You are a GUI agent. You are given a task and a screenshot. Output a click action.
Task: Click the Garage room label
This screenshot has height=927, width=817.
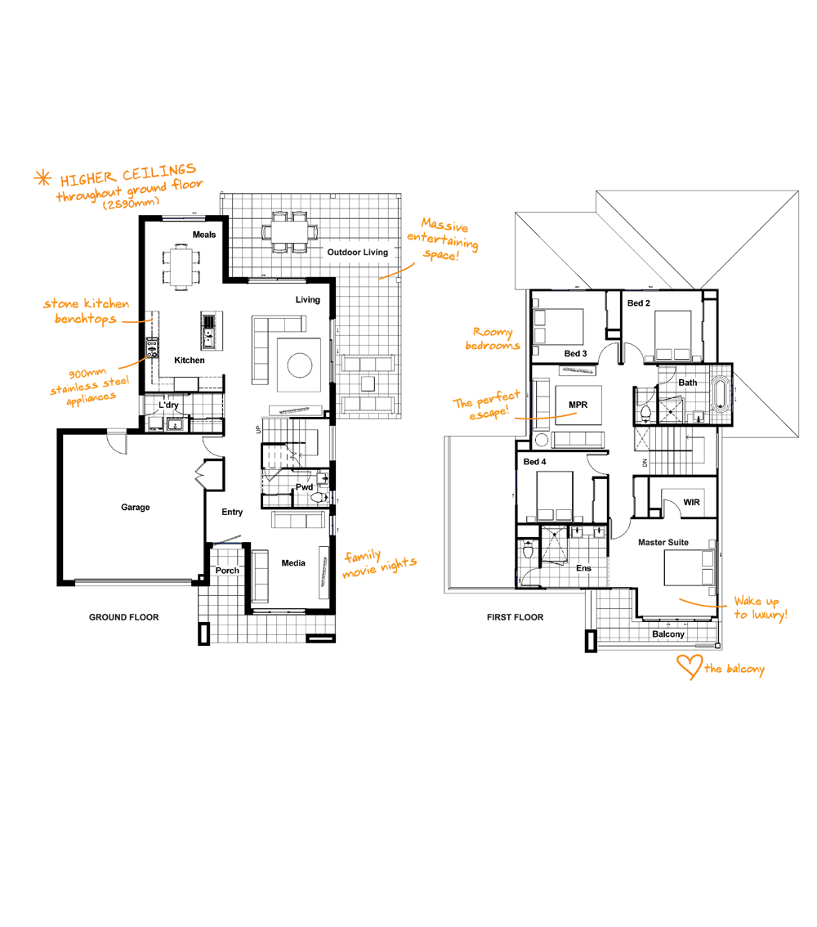(x=136, y=508)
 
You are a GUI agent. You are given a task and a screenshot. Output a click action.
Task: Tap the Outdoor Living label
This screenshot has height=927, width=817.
(x=357, y=252)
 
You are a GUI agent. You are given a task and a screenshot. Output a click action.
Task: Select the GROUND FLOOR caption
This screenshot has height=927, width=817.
(x=124, y=617)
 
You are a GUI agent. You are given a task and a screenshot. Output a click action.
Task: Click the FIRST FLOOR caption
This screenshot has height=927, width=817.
(x=516, y=617)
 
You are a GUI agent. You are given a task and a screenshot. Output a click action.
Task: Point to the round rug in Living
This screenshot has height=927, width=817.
(x=300, y=365)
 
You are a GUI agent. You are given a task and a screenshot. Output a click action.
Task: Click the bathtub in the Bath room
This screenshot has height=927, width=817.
(x=719, y=394)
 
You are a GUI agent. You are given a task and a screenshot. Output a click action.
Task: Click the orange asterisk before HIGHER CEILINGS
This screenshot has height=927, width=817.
(x=42, y=178)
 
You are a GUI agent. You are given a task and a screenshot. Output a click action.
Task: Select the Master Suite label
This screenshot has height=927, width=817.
(x=663, y=542)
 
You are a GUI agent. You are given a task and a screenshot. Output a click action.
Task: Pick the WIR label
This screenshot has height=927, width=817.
(x=692, y=502)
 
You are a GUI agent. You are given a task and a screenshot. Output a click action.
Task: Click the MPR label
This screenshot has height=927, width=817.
(x=578, y=405)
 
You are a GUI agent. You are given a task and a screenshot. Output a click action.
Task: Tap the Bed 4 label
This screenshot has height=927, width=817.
(x=534, y=462)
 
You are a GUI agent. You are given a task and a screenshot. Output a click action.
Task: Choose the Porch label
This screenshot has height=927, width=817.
(x=227, y=571)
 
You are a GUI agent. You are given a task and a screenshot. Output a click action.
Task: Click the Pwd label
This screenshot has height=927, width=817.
(x=304, y=487)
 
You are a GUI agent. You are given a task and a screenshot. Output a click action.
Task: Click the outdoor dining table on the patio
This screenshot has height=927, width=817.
(x=289, y=231)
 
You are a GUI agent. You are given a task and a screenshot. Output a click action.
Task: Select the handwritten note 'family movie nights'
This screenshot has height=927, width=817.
(x=380, y=563)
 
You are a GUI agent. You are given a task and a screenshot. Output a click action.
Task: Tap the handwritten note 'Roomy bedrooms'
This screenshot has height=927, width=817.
(x=493, y=338)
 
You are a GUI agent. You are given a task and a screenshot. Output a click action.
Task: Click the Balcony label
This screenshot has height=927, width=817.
(x=668, y=634)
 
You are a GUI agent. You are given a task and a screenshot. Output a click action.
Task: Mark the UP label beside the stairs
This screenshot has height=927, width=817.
(x=257, y=430)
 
